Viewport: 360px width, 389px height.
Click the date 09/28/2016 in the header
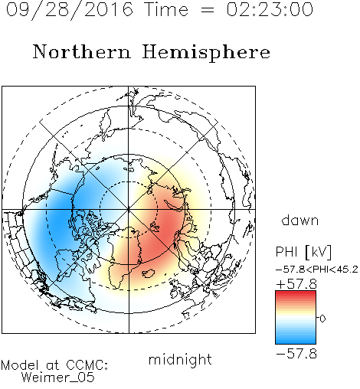69,10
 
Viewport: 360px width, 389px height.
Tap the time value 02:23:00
270,9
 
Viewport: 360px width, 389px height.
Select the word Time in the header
166,9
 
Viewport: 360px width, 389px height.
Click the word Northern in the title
82,51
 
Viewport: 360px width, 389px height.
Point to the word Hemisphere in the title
206,53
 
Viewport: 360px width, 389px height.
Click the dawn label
300,220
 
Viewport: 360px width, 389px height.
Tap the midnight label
180,359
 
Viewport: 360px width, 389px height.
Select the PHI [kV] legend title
303,252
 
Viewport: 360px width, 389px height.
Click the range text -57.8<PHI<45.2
317,270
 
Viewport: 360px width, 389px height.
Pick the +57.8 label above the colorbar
296,284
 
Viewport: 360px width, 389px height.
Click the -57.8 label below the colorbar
296,354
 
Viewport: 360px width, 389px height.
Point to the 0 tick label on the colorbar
322,319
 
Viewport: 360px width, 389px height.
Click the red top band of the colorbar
296,294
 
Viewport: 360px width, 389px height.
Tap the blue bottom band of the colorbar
296,341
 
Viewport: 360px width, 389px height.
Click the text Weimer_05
58,378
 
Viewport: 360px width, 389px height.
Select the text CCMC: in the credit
87,365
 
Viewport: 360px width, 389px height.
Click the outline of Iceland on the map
149,273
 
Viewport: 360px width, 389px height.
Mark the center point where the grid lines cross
129,210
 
